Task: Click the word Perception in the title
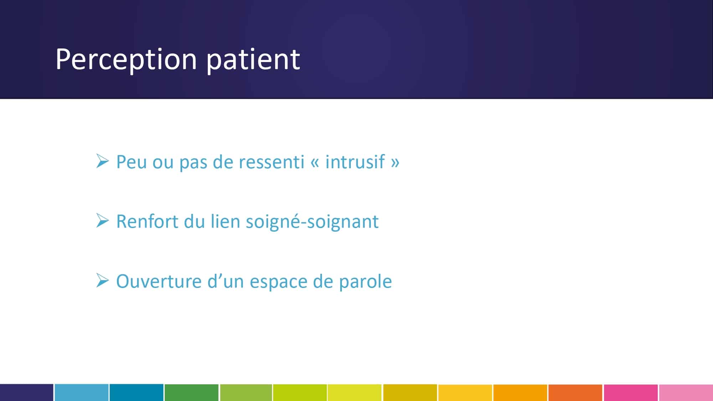pos(126,60)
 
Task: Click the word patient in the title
pos(253,60)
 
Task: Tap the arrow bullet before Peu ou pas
pos(102,161)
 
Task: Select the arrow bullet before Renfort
pos(102,221)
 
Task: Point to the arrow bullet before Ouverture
pos(102,281)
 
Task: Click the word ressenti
pos(271,162)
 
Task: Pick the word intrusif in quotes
pos(355,162)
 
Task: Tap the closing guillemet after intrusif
pos(395,163)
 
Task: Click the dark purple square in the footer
pos(27,392)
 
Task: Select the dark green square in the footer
pos(191,392)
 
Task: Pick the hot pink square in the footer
pos(631,392)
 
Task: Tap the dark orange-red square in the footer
pos(575,392)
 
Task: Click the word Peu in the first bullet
pos(132,162)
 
